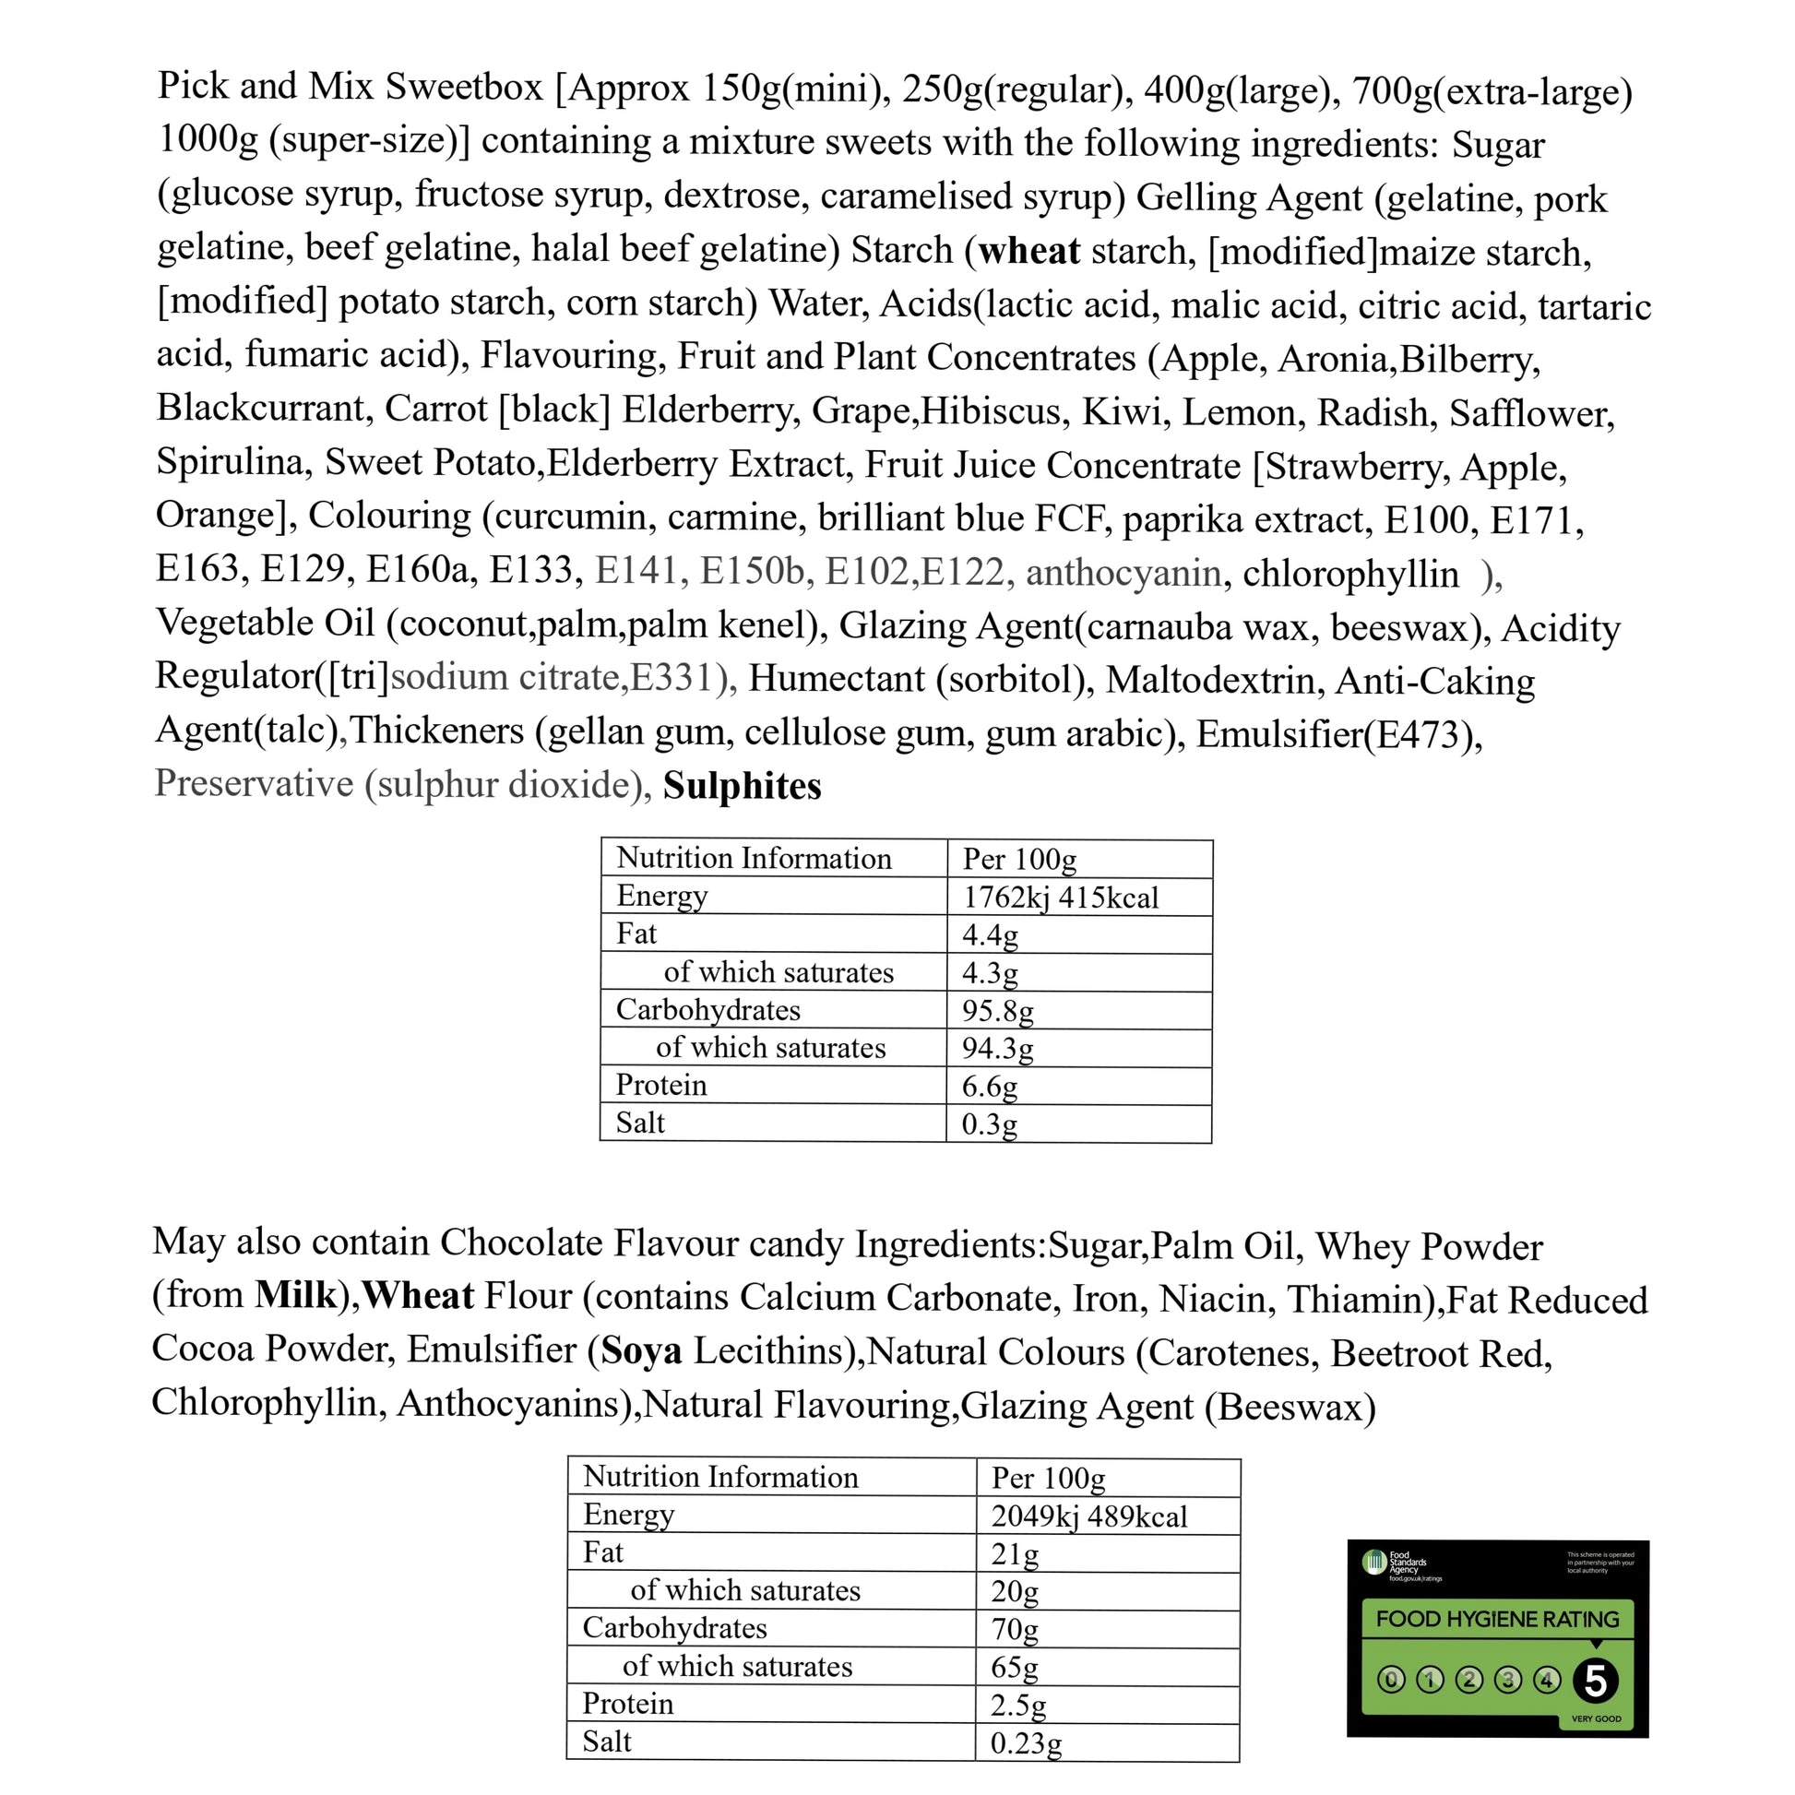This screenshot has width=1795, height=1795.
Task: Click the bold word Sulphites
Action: (x=742, y=786)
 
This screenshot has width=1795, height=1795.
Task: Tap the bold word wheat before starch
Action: (x=1028, y=251)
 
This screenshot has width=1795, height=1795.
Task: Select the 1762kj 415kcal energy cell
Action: (x=1060, y=897)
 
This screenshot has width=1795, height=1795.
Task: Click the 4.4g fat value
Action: (x=990, y=934)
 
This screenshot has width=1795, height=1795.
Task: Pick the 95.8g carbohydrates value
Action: (x=997, y=1010)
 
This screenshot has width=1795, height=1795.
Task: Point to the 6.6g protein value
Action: (x=990, y=1085)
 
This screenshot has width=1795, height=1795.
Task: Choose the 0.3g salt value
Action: (x=989, y=1124)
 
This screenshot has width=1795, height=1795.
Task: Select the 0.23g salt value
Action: (x=1026, y=1743)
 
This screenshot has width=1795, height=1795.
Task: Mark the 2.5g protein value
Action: (x=1018, y=1705)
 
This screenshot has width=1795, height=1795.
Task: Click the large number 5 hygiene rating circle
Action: (x=1595, y=1681)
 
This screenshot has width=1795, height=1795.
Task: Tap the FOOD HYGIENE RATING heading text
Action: (x=1497, y=1620)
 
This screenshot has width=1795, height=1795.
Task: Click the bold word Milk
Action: (x=295, y=1295)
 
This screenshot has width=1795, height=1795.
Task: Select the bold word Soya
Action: (x=641, y=1350)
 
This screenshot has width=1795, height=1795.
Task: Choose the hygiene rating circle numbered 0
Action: (x=1391, y=1680)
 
